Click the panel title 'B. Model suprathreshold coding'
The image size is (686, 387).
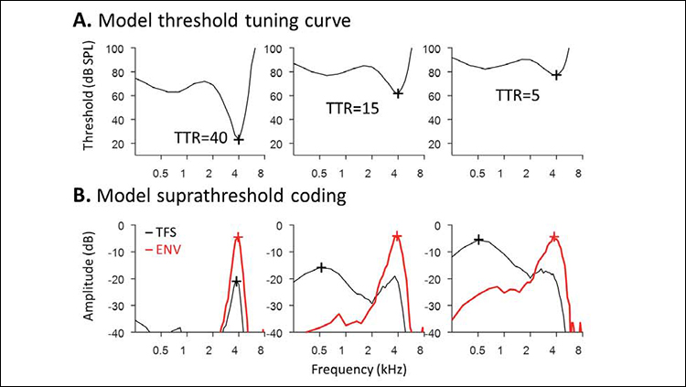point(212,198)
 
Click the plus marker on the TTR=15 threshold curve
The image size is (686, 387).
point(397,93)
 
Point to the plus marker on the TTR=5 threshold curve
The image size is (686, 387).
point(556,75)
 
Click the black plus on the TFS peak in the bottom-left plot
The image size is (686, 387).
point(237,281)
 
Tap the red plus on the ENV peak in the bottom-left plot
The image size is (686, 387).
point(238,237)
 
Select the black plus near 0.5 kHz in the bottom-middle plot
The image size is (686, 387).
point(321,267)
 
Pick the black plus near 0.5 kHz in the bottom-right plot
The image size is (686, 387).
point(478,240)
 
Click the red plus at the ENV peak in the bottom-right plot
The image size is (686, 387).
point(554,237)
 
